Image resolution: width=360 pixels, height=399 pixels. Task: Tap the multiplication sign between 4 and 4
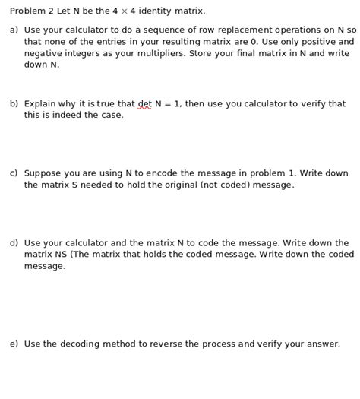click(125, 11)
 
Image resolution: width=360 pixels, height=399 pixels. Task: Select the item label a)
click(14, 30)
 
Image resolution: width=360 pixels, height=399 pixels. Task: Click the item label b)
click(14, 104)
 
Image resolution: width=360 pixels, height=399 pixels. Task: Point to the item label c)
click(14, 173)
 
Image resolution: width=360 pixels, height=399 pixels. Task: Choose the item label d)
click(14, 243)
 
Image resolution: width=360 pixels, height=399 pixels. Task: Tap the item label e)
click(14, 344)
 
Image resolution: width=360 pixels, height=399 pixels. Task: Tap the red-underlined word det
click(144, 104)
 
